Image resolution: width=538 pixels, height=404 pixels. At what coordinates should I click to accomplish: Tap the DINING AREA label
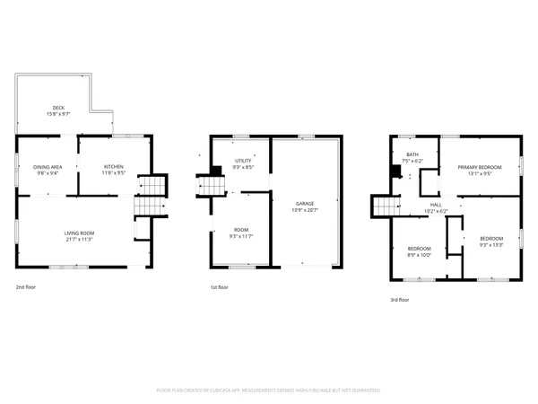click(47, 166)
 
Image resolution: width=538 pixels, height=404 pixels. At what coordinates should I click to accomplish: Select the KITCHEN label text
click(113, 166)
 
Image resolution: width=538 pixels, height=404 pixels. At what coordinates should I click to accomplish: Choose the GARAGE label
click(306, 204)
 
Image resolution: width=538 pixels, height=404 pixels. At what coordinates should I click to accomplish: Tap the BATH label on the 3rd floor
click(412, 155)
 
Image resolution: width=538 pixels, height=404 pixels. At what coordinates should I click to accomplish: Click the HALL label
click(436, 206)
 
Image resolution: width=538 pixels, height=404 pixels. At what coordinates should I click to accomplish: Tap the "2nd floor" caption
click(25, 288)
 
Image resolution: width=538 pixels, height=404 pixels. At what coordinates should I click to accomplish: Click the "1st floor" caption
click(220, 288)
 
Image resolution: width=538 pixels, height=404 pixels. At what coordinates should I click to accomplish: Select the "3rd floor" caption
click(399, 300)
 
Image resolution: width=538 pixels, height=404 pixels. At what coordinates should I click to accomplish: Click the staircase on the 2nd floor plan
click(149, 196)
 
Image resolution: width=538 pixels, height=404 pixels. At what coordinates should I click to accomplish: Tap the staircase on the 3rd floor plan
click(385, 208)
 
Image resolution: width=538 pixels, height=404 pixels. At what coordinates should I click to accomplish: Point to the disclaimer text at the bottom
click(269, 391)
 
